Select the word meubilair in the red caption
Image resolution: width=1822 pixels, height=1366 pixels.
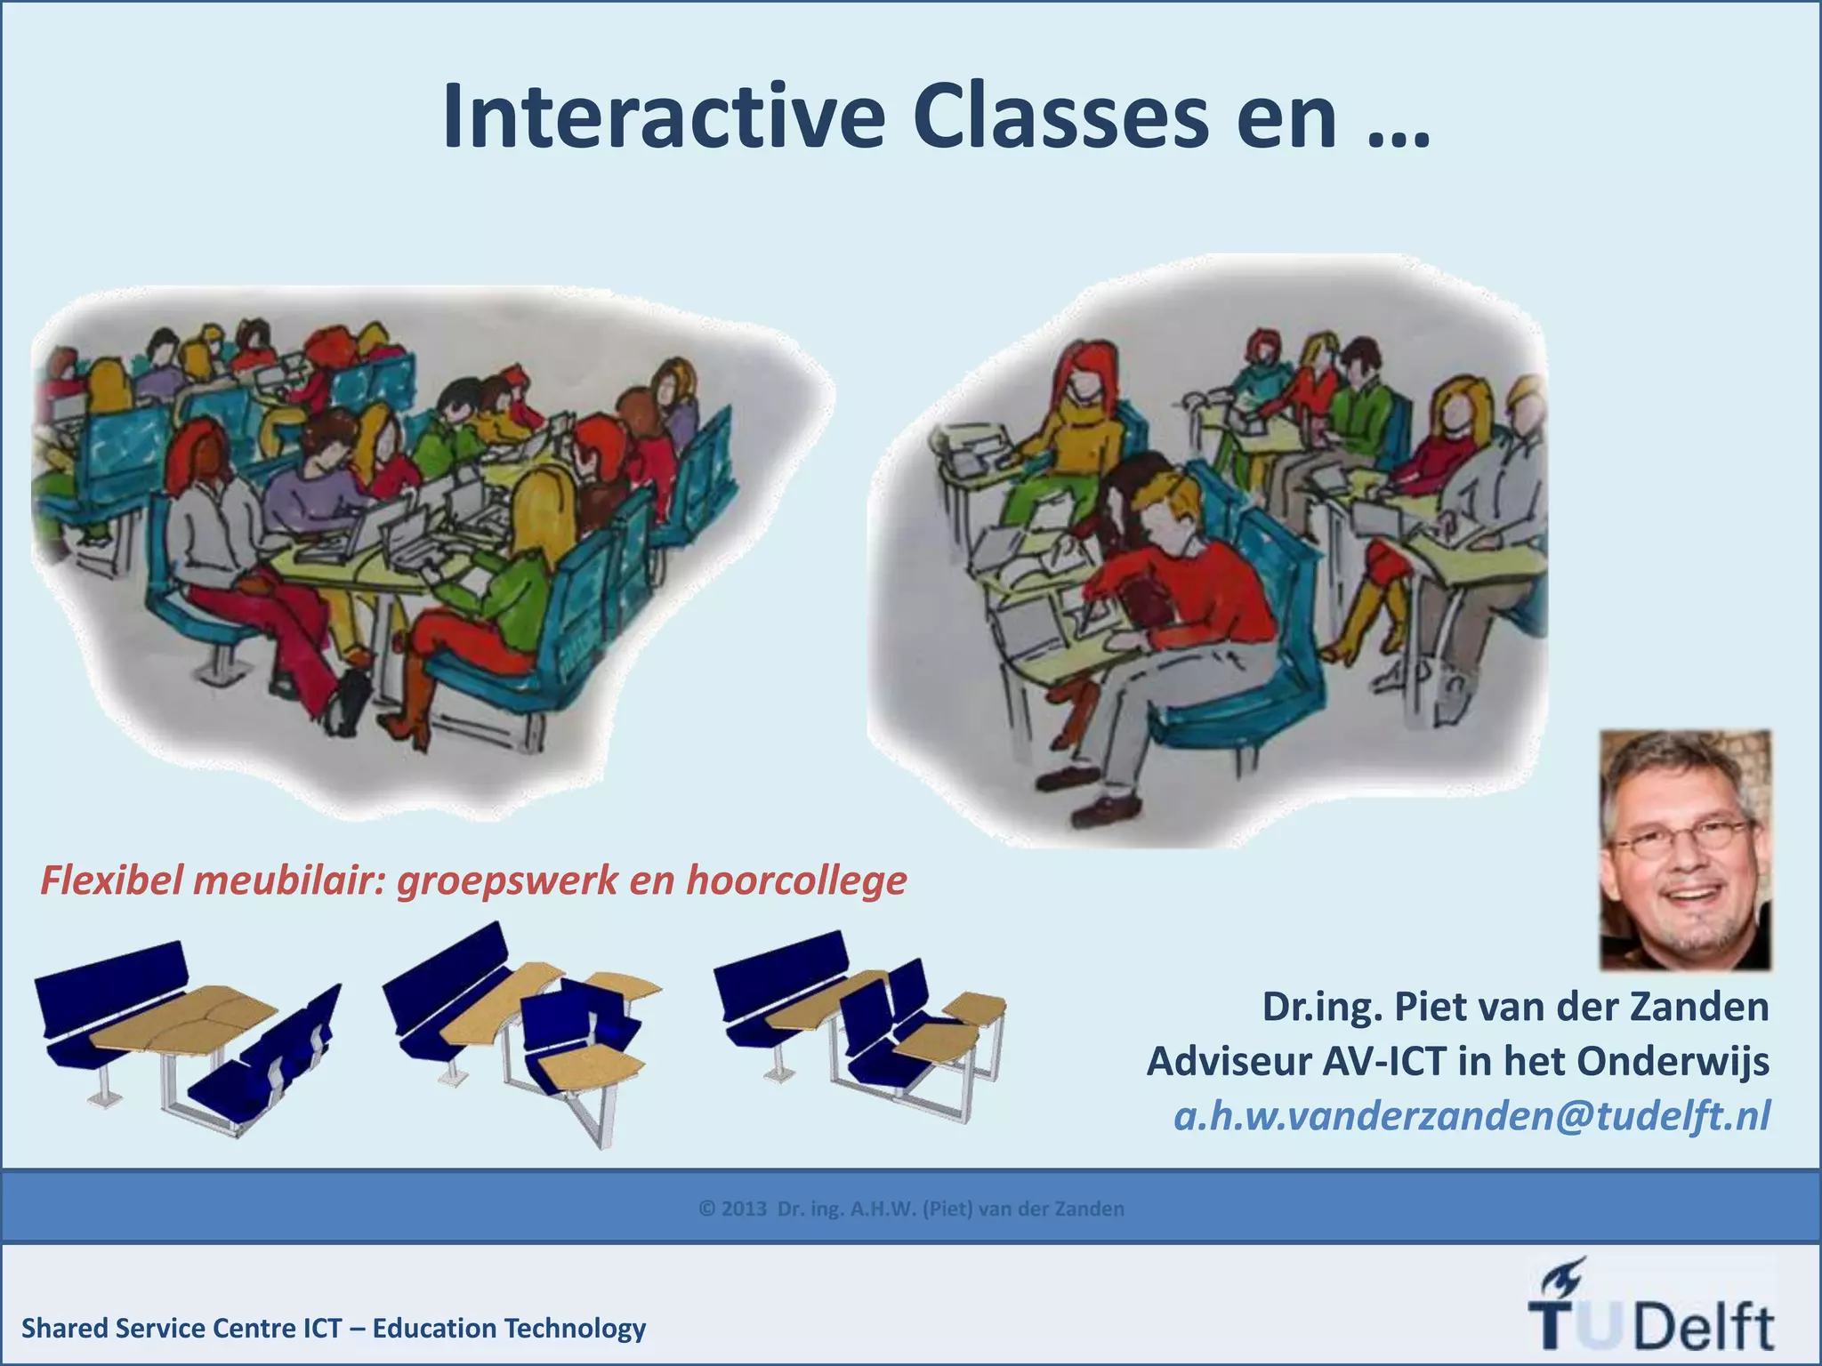tap(286, 881)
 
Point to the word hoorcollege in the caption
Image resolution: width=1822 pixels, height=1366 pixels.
tap(795, 881)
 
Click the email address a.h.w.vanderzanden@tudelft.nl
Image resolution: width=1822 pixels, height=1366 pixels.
tap(1471, 1116)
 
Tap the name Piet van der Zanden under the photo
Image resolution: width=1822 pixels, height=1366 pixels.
tap(1581, 1007)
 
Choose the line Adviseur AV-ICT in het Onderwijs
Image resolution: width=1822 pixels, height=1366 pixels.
tap(1457, 1061)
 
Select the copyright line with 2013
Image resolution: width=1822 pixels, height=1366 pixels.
tap(911, 1209)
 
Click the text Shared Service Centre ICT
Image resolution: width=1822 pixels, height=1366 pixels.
tap(181, 1329)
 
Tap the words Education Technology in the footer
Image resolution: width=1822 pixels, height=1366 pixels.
tap(509, 1329)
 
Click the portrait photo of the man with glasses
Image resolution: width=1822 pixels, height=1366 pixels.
tap(1685, 849)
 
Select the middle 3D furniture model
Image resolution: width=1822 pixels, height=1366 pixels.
tap(523, 1032)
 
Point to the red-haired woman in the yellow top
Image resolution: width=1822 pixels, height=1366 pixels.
tap(1079, 418)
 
